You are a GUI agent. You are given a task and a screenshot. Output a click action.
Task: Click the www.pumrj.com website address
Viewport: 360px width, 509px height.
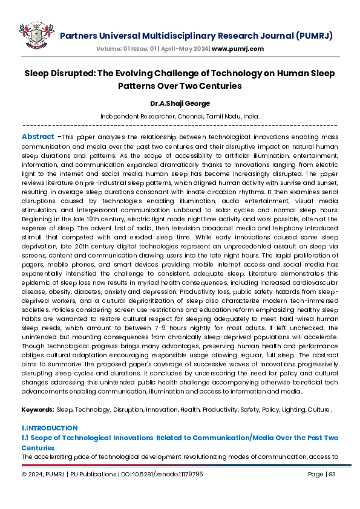click(x=238, y=48)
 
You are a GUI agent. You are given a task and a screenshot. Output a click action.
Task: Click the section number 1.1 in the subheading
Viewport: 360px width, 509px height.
click(x=26, y=437)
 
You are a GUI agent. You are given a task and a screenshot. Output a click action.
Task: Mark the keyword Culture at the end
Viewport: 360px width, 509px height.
click(x=318, y=410)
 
